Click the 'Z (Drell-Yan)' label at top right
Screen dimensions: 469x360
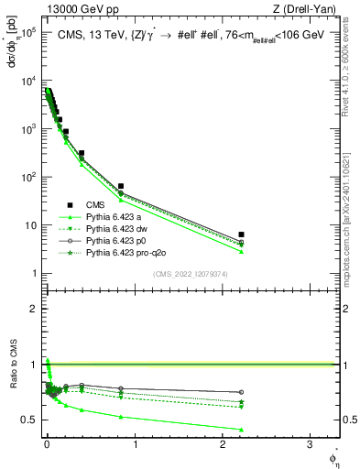307,10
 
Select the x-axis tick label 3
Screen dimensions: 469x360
310,446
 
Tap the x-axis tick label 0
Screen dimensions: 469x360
46,446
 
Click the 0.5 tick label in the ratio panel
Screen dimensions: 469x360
27,420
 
